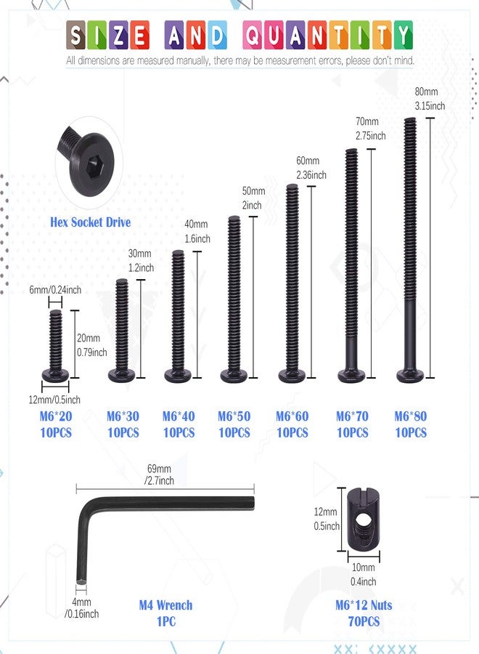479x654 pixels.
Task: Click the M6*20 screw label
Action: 56,416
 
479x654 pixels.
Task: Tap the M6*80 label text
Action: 411,416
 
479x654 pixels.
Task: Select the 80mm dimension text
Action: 426,92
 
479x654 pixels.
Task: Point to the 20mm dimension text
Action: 89,338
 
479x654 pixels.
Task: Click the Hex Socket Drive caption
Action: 91,222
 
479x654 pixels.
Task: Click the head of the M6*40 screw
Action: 178,376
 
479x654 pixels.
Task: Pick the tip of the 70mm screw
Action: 351,150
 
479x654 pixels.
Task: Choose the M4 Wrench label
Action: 165,605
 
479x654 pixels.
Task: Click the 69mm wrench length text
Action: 159,469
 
